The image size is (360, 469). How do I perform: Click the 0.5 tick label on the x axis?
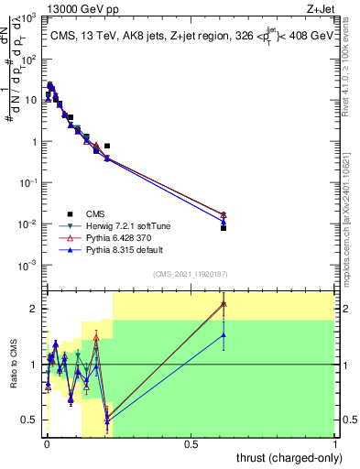pos(191,444)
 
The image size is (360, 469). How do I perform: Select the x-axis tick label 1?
pos(336,444)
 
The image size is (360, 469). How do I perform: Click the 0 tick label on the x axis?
pos(47,444)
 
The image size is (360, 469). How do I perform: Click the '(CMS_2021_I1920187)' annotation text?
pos(191,274)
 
